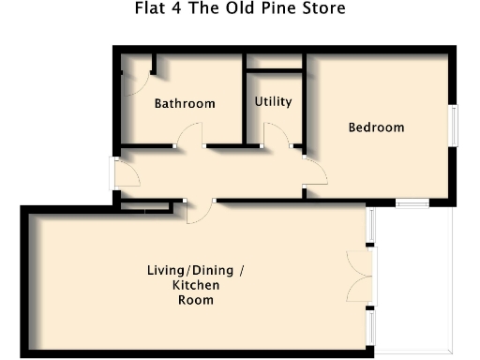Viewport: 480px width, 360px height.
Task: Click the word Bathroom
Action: (185, 104)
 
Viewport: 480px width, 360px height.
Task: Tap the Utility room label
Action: (273, 101)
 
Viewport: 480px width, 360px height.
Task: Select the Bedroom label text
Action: (376, 127)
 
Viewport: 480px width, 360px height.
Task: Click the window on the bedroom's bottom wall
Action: (411, 202)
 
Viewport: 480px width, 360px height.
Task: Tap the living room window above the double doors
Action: (369, 225)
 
